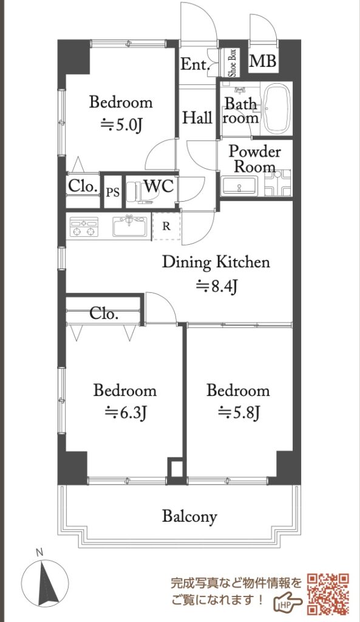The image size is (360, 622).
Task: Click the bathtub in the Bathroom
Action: [277, 109]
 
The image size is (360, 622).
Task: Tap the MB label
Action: [263, 61]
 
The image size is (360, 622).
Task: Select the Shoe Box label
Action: [232, 63]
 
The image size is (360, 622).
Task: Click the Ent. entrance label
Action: [195, 64]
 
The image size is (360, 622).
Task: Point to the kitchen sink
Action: [130, 226]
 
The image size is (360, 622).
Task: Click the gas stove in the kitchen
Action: [84, 227]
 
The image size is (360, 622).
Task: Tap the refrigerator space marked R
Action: [166, 227]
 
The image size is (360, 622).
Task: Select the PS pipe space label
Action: [113, 193]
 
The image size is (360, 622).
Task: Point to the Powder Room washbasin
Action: [239, 186]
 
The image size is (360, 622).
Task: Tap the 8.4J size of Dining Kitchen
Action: [217, 285]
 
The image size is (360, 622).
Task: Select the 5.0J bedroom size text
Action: [121, 125]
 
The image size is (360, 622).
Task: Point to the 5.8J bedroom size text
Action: [239, 413]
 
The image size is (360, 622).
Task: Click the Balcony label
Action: [189, 517]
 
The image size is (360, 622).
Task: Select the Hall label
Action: [197, 118]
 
